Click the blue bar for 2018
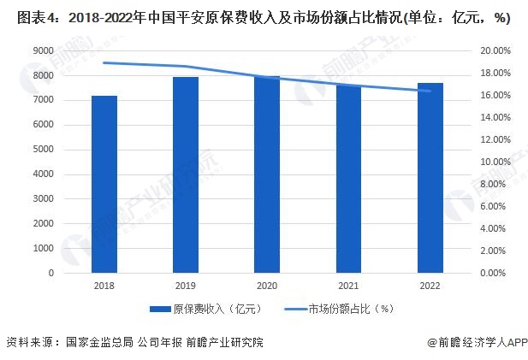tap(104, 184)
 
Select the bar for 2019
tap(186, 174)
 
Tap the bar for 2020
tap(267, 174)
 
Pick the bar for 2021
tap(348, 179)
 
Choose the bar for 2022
tap(430, 178)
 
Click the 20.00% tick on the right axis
tap(495, 51)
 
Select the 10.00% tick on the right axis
tap(495, 162)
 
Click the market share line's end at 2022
tap(430, 91)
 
